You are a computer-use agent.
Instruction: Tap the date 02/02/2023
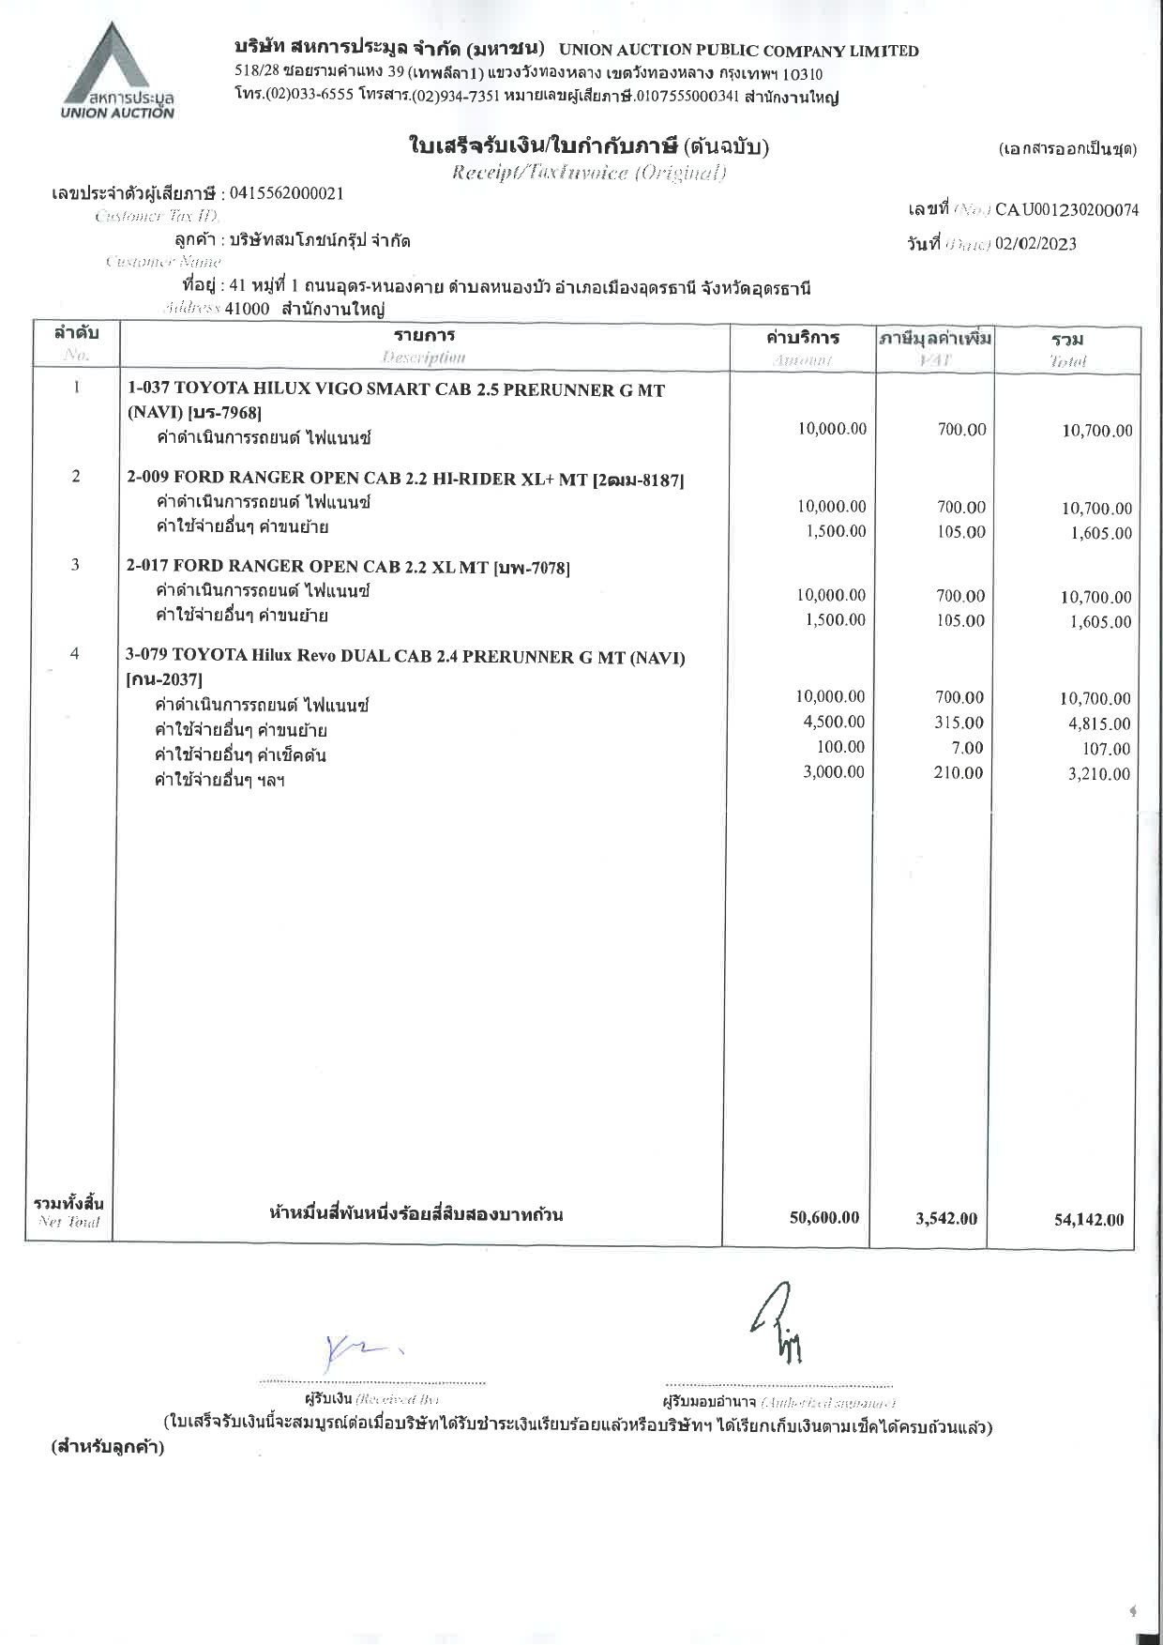coord(1035,244)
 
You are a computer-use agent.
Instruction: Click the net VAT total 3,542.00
coord(946,1218)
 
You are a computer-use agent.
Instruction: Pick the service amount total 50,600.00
coord(824,1217)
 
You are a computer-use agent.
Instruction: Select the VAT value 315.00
coord(960,723)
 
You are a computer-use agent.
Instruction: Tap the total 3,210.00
coord(1099,774)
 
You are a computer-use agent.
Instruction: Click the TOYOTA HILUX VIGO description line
coord(396,389)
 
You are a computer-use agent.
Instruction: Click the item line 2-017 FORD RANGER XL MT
coord(348,566)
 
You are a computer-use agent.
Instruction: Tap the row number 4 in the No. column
coord(75,653)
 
